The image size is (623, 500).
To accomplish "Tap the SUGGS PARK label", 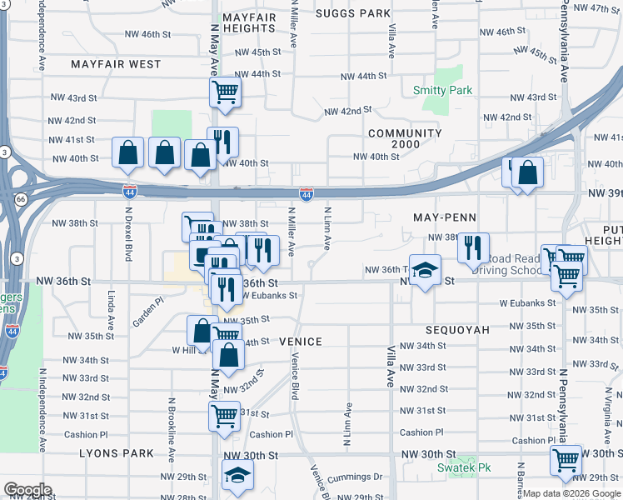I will pyautogui.click(x=354, y=13).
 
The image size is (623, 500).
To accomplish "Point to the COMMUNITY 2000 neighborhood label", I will pyautogui.click(x=405, y=139).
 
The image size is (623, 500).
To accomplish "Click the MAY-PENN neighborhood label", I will pyautogui.click(x=444, y=217).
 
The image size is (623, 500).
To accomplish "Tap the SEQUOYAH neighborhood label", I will pyautogui.click(x=456, y=330).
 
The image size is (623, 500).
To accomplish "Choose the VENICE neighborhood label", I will pyautogui.click(x=300, y=342).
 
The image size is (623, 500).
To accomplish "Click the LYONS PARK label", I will pyautogui.click(x=117, y=453).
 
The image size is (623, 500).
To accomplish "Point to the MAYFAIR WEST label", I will pyautogui.click(x=116, y=64).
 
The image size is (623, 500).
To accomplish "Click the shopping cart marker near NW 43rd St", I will pyautogui.click(x=225, y=92).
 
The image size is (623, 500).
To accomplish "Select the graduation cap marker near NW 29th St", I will pyautogui.click(x=237, y=475).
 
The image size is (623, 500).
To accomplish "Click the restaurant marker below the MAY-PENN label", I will pyautogui.click(x=473, y=247).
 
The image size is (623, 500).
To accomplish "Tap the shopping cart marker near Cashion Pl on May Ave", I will pyautogui.click(x=224, y=415).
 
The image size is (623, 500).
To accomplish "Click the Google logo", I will pyautogui.click(x=27, y=490).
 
